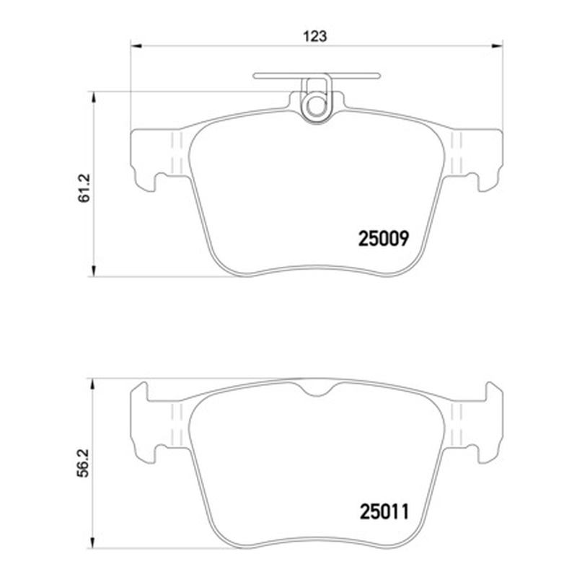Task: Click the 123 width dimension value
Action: [x=314, y=37]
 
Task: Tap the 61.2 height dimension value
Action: [x=84, y=188]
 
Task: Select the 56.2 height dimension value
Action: [x=84, y=462]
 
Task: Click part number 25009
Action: [x=384, y=239]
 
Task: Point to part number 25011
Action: [x=384, y=512]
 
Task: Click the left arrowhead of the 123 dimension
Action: [x=136, y=46]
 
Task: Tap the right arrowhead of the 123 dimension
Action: [x=498, y=46]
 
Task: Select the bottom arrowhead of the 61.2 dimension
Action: [x=94, y=271]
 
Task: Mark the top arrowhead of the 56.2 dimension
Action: [x=94, y=384]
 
